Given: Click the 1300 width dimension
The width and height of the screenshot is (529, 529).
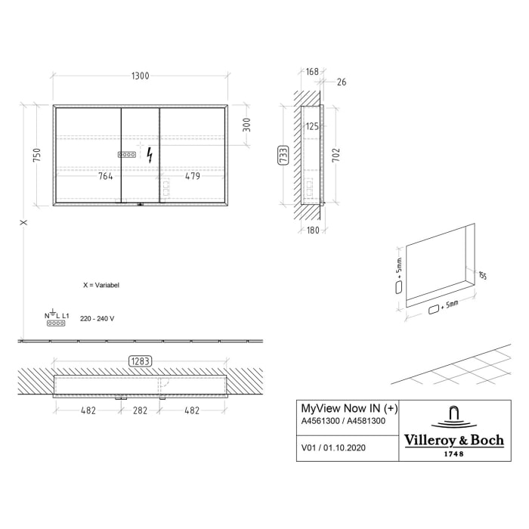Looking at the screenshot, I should coord(140,76).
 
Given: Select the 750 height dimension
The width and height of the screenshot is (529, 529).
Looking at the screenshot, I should coord(36,156).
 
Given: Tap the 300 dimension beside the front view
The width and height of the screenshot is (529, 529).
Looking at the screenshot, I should coord(246,125).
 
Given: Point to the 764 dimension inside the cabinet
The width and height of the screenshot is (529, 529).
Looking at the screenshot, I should coord(105,177).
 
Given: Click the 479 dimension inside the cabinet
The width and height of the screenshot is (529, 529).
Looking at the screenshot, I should coord(192,177).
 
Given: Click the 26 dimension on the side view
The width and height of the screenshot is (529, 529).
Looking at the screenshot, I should coord(342,82).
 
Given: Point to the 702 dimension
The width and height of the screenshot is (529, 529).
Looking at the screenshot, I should coord(336,155).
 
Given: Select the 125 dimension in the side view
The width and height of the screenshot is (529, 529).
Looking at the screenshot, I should coord(312,126).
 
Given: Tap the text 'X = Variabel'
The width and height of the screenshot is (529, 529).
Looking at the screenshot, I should coord(101,286).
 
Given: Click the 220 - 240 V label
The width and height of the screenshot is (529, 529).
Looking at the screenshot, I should coord(97,319).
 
